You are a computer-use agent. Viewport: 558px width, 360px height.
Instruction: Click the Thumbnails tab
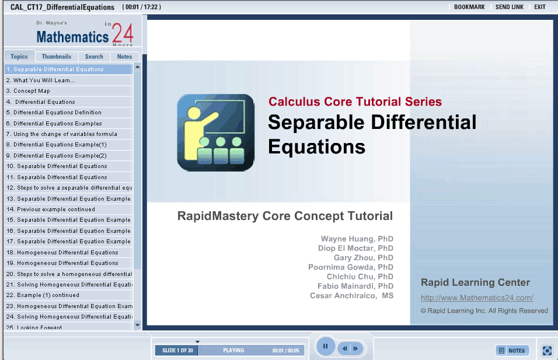point(56,57)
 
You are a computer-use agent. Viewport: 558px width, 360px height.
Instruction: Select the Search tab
point(94,57)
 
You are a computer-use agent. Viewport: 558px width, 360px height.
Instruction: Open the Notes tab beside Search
point(124,57)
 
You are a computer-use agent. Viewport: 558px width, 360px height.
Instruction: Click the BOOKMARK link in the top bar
point(469,7)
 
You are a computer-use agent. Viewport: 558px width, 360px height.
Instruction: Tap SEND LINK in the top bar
point(509,7)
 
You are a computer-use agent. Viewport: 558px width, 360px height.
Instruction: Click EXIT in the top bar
point(540,7)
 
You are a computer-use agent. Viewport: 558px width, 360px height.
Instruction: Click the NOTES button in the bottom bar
point(512,351)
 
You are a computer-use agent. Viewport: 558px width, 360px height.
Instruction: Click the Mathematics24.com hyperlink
point(477,298)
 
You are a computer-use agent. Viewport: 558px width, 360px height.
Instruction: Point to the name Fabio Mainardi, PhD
point(355,286)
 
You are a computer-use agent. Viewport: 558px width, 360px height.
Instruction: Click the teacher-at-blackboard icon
point(215,132)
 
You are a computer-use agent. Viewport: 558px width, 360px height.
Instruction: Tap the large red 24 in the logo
point(123,33)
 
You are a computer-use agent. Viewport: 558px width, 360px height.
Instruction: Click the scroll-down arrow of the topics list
point(138,325)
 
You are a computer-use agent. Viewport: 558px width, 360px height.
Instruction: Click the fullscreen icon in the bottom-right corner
point(547,351)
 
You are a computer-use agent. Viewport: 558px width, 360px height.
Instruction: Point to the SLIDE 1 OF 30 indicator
point(177,351)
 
